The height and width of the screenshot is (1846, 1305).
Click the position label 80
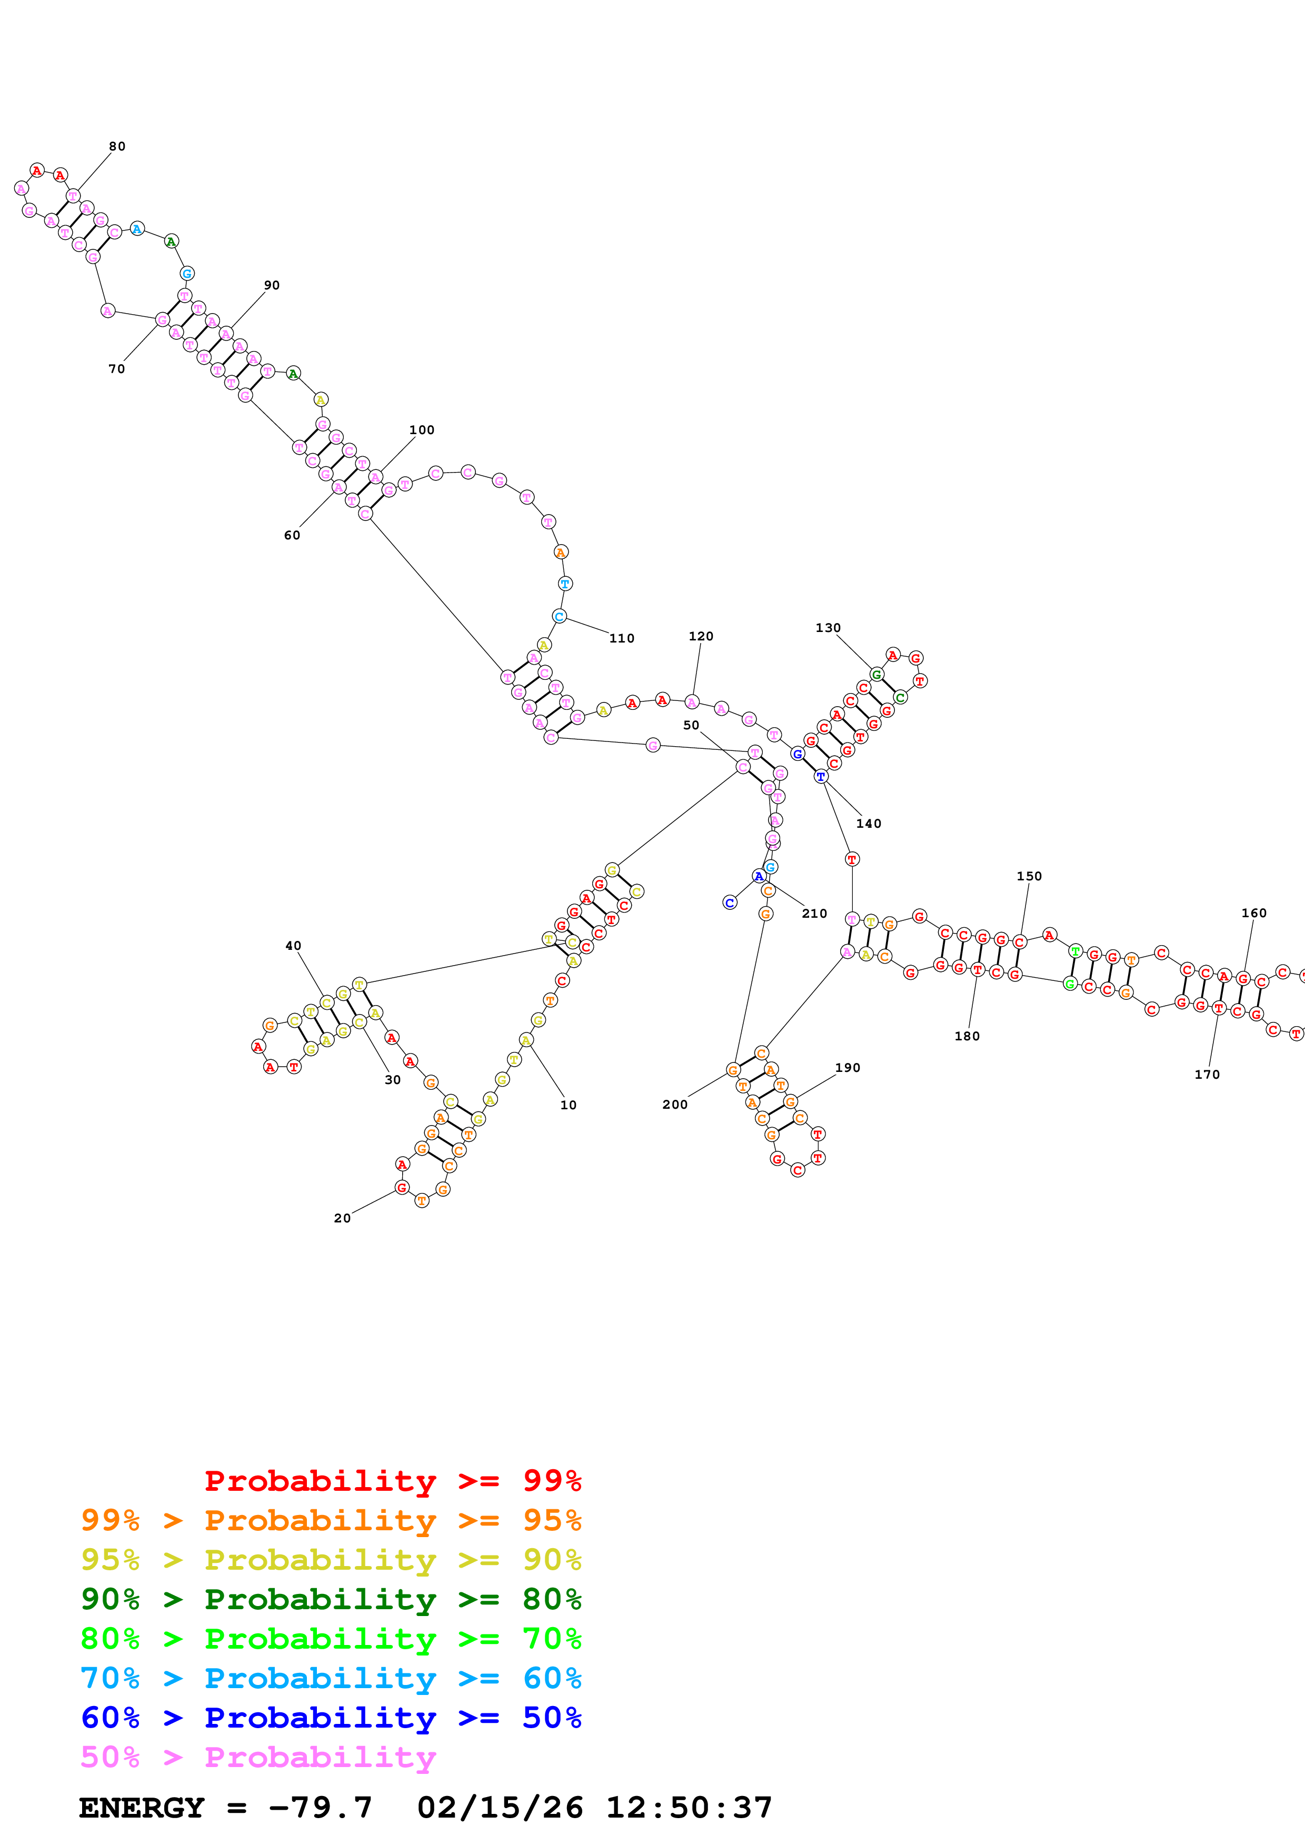pyautogui.click(x=117, y=146)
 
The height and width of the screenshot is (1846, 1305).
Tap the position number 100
pyautogui.click(x=421, y=430)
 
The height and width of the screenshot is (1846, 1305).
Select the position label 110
pyautogui.click(x=622, y=638)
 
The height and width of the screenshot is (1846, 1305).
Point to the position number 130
pyautogui.click(x=828, y=628)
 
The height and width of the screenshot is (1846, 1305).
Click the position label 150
pyautogui.click(x=1029, y=876)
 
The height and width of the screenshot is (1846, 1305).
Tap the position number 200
pyautogui.click(x=675, y=1105)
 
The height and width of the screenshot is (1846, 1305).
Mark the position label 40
pyautogui.click(x=294, y=946)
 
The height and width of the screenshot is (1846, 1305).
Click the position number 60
pyautogui.click(x=292, y=536)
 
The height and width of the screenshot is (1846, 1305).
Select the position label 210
pyautogui.click(x=814, y=914)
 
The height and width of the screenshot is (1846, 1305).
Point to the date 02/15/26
pyautogui.click(x=500, y=1808)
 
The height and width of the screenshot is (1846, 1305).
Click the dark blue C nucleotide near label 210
pyautogui.click(x=729, y=903)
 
